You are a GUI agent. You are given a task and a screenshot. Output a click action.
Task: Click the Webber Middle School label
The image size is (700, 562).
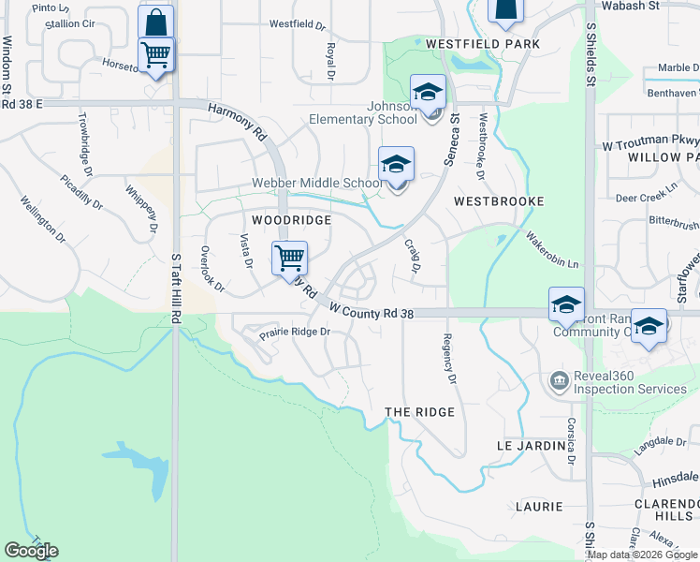click(317, 184)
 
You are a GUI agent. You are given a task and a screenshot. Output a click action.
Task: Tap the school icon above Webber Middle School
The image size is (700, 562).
click(396, 165)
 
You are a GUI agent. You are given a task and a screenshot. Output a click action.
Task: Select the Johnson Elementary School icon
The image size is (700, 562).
click(429, 92)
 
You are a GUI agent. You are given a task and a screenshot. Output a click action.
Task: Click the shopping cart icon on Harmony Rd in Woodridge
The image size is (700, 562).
click(289, 257)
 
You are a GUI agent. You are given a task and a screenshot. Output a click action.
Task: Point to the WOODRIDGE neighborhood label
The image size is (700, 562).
click(291, 219)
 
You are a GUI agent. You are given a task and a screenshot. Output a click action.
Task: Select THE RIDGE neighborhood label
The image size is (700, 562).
click(419, 412)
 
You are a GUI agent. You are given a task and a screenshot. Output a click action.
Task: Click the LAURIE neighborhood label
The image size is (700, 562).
click(538, 507)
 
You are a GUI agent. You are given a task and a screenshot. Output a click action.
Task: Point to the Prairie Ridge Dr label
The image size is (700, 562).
click(296, 332)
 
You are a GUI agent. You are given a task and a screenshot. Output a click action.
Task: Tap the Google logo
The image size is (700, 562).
click(31, 551)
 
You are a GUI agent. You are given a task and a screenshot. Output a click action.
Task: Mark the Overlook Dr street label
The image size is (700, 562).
click(211, 269)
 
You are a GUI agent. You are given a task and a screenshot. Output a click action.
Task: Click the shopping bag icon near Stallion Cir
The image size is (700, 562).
click(156, 22)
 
